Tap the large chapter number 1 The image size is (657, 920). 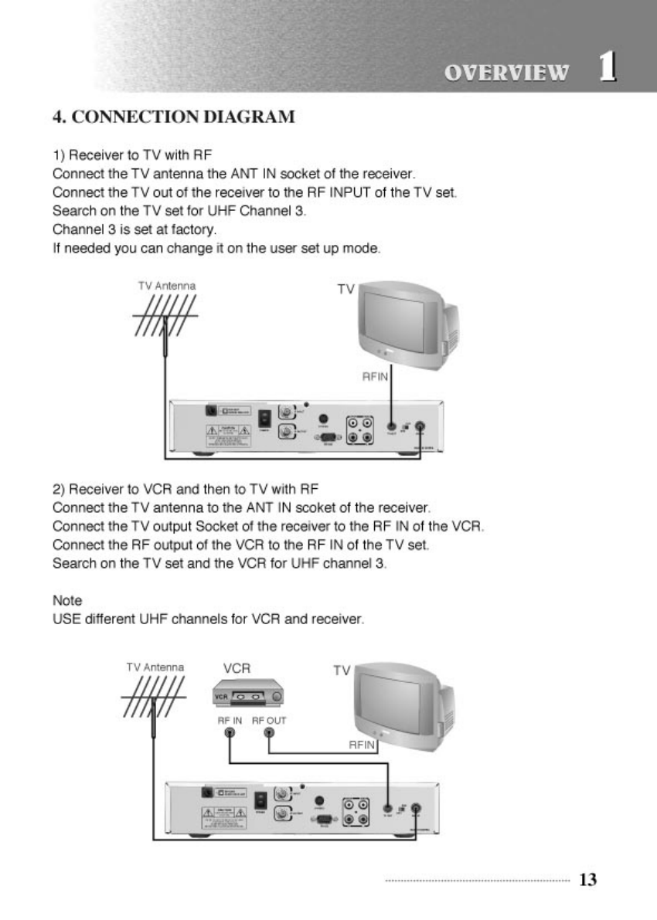pos(608,68)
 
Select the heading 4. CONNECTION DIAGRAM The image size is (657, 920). pos(173,118)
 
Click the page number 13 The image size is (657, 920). pos(588,879)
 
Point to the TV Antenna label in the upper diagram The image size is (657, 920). pos(166,286)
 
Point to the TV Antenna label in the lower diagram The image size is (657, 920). pos(155,667)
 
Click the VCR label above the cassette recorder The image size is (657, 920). pos(237,667)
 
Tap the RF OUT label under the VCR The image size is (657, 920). pos(269,719)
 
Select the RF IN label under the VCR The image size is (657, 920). pos(230,719)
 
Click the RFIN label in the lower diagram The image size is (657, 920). pos(362,745)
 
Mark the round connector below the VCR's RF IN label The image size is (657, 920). pos(230,732)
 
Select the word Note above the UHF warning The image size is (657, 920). pos(66,600)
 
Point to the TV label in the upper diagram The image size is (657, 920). pos(346,289)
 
